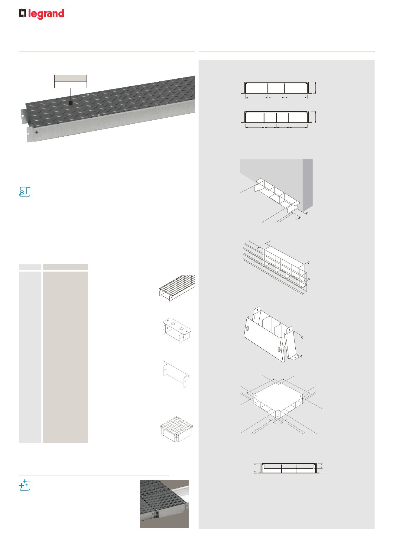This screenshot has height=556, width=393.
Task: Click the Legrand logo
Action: (41, 14)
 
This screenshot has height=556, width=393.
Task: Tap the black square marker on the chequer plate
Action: (70, 103)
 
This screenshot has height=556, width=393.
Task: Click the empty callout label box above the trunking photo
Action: (71, 81)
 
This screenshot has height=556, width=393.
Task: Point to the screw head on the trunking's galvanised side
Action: (37, 132)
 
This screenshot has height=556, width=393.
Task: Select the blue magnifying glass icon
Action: (24, 192)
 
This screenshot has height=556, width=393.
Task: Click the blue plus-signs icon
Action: (24, 485)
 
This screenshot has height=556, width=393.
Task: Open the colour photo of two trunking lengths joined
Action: (164, 503)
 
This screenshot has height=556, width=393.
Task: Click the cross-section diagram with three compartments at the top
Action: (276, 88)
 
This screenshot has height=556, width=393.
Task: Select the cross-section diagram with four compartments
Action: (276, 117)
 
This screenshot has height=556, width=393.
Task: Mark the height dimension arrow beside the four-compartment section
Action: (315, 117)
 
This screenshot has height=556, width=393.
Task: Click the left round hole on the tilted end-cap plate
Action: (248, 328)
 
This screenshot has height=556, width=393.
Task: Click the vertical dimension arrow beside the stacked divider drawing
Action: (309, 271)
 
